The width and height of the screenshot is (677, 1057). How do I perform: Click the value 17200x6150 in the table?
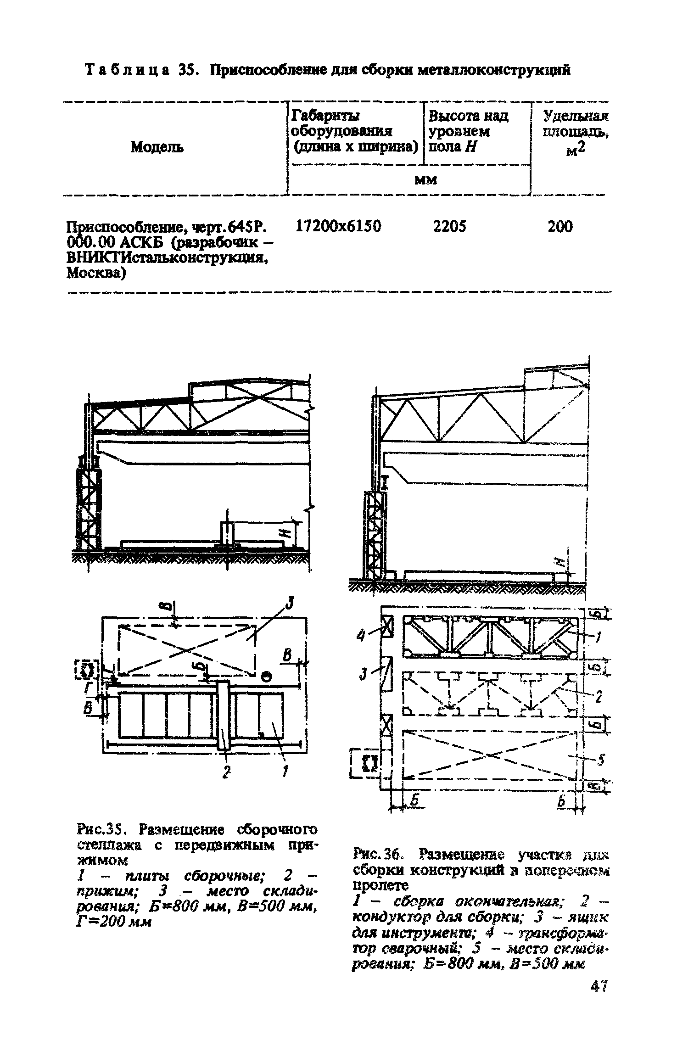[339, 226]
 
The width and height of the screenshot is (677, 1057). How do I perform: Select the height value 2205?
[450, 226]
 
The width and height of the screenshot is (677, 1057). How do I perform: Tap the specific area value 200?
[560, 226]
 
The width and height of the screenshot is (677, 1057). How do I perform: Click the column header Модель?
[157, 147]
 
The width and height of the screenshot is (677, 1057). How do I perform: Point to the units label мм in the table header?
[425, 180]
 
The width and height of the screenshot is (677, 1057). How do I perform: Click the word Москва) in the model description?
[95, 274]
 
